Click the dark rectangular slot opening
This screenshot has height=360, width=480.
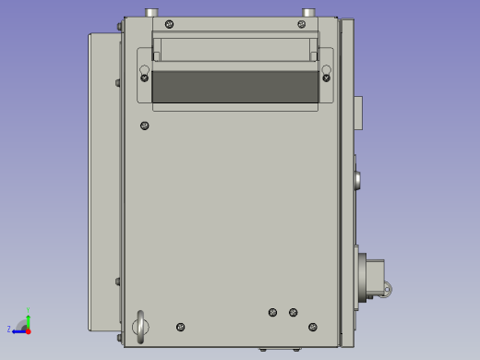coord(234,86)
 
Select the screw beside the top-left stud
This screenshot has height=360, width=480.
coord(167,24)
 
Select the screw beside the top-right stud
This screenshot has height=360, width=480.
coord(301,24)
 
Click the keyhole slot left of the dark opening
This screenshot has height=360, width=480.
coord(144,72)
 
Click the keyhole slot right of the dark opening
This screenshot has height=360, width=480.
coord(326,72)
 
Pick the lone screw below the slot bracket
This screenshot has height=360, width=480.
coord(144,126)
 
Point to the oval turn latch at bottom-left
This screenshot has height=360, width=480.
coord(140,325)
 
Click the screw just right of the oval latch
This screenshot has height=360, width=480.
coord(180,327)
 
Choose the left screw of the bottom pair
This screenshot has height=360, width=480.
coord(272,312)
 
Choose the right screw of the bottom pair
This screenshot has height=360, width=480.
coord(293,312)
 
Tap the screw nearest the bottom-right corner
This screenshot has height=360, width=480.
coord(313,327)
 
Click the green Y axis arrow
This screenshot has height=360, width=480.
coord(28,318)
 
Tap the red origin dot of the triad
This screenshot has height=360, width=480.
coord(28,330)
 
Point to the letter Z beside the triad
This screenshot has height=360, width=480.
coord(9,329)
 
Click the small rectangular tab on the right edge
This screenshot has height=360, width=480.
coord(357,114)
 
